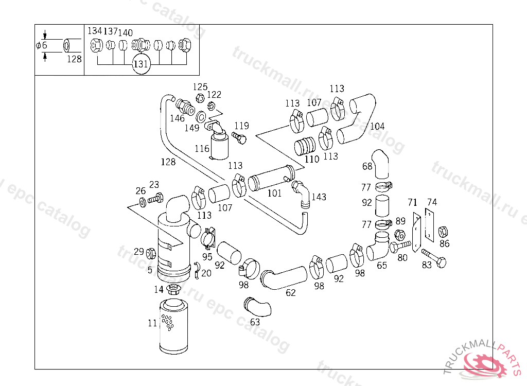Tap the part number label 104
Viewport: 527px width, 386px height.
(x=377, y=126)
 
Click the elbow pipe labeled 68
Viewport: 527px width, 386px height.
(x=382, y=164)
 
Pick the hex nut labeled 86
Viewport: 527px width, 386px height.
(x=443, y=232)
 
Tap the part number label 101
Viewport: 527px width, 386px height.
(x=275, y=194)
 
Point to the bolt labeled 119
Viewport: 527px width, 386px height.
(x=239, y=137)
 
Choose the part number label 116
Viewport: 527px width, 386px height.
(x=202, y=149)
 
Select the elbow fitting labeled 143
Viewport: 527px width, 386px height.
(x=302, y=194)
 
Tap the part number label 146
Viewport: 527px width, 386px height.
(x=177, y=118)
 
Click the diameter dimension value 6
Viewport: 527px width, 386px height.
(x=44, y=45)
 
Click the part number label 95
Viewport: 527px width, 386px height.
(x=207, y=256)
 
